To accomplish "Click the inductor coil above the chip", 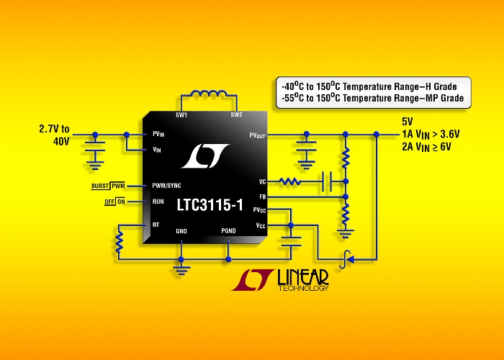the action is point(209,93).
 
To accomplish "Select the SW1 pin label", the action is point(181,115).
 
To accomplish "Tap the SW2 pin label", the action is point(236,114).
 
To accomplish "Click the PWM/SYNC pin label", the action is point(166,186).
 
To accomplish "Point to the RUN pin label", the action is point(158,202).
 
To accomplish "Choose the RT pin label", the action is point(156,225).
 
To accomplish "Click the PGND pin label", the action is point(228,231).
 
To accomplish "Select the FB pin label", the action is point(263,197).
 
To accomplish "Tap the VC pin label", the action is point(263,182).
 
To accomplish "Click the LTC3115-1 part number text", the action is point(210,204).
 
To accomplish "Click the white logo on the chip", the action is point(205,156).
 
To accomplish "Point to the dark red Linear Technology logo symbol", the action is point(253,280).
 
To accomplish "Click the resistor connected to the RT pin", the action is point(119,242).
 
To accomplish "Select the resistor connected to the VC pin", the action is point(290,181).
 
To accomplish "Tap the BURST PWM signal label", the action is point(108,186).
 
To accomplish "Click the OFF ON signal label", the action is point(114,202).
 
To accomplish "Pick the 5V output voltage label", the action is point(408,122).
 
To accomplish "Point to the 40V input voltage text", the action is point(61,141).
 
